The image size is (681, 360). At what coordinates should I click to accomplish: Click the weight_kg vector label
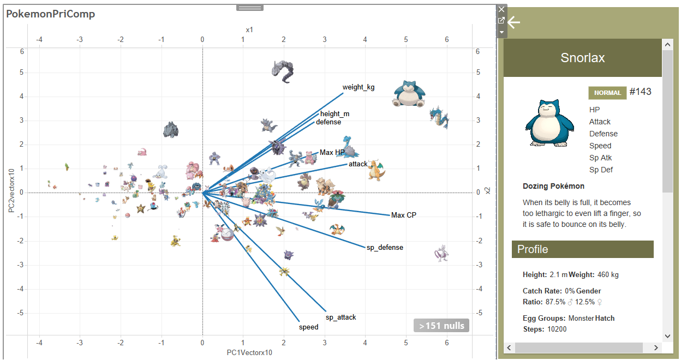359,87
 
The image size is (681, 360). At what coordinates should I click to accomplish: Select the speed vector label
308,327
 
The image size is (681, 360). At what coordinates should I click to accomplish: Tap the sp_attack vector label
340,317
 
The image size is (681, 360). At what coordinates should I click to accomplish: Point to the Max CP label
404,215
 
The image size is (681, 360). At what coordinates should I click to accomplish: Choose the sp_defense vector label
385,248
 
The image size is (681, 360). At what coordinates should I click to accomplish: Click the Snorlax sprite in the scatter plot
409,94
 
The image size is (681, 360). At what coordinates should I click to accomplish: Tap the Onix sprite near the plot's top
284,71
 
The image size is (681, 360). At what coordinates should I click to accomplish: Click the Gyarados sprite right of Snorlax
439,117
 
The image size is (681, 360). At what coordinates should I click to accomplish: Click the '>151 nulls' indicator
441,326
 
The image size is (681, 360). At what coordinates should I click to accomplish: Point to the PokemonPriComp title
51,14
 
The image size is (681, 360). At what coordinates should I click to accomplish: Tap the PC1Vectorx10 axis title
249,352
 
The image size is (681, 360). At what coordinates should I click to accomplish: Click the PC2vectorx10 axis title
10,191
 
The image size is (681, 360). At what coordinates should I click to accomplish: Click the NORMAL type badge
607,93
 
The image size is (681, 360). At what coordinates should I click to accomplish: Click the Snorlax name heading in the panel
582,58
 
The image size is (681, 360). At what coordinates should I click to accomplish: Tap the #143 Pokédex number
640,92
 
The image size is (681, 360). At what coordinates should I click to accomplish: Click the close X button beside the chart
501,9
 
